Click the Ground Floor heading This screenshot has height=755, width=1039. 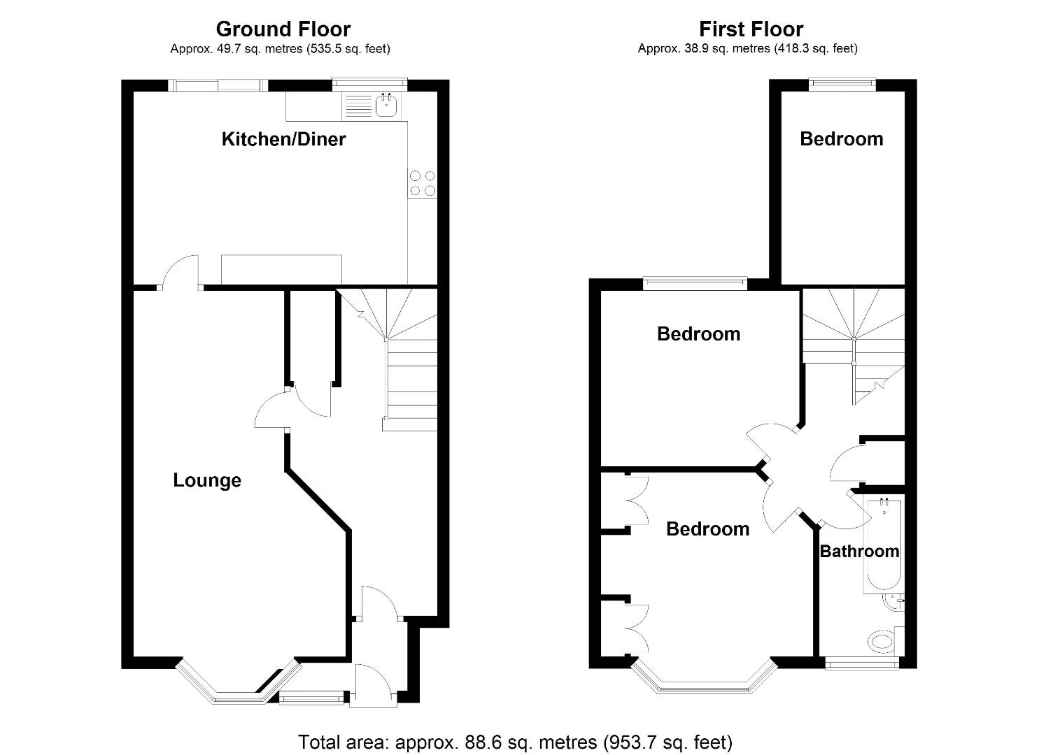(283, 29)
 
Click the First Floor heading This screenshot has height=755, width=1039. (751, 29)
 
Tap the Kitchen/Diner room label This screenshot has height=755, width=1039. (283, 139)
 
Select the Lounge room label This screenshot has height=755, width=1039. (207, 480)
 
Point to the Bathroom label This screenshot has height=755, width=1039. (859, 552)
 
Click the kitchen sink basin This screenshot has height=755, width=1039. (386, 106)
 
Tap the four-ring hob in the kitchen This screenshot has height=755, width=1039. (423, 183)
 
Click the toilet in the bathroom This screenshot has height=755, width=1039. (882, 641)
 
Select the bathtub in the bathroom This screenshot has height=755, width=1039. (884, 545)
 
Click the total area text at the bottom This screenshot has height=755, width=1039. (515, 742)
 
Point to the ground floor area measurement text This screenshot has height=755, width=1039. (280, 49)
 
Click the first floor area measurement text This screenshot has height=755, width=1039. (747, 49)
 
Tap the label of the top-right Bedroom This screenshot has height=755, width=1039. (841, 139)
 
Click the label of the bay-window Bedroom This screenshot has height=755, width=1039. (707, 529)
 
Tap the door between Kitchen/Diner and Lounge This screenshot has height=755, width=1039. (181, 273)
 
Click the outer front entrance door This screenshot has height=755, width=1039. (374, 685)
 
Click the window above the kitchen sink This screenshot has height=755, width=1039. (369, 83)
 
